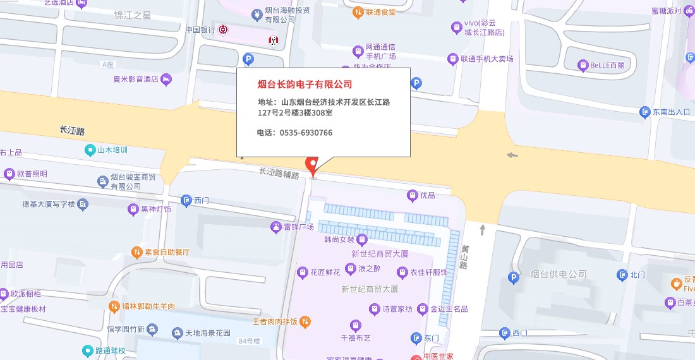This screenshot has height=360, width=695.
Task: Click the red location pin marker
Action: (x=311, y=165)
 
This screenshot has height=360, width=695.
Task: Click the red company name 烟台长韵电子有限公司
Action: (x=305, y=85)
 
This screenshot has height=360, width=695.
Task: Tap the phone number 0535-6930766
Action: (x=306, y=133)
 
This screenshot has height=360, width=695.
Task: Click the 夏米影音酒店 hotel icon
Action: (x=166, y=79)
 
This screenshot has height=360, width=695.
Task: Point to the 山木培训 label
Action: (x=112, y=150)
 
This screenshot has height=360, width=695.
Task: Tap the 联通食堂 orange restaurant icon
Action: (x=358, y=11)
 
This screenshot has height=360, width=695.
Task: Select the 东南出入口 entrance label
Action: (x=672, y=112)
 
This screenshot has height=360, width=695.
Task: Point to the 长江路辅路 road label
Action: (x=279, y=172)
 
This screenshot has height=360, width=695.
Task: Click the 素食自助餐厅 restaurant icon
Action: (x=136, y=252)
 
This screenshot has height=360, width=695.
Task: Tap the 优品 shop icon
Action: (x=413, y=195)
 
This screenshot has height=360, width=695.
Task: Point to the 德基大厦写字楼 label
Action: (x=49, y=204)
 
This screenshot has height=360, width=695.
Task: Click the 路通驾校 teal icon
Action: (x=87, y=351)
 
